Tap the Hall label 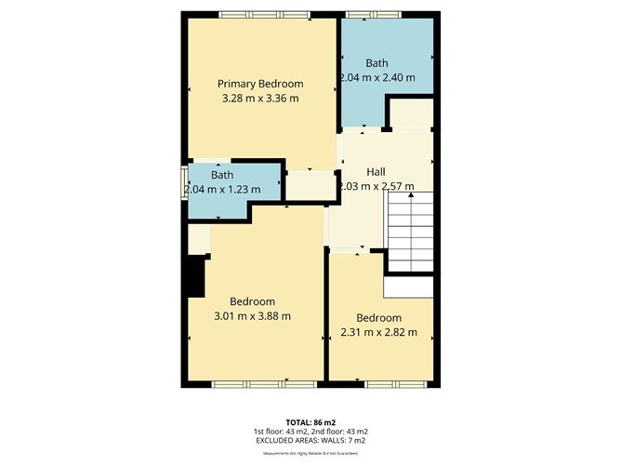(x=376, y=172)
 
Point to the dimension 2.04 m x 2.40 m (x=377, y=77)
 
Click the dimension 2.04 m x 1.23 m (x=221, y=189)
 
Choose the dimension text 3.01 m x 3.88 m (x=252, y=315)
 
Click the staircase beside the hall (x=410, y=230)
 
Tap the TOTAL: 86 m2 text (x=310, y=421)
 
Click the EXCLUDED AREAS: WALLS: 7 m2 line (x=310, y=441)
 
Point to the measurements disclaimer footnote (x=310, y=453)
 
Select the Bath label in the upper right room (x=377, y=63)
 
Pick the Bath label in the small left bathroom (x=221, y=175)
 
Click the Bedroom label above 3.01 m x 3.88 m (x=252, y=301)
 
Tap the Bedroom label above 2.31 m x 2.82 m (x=378, y=317)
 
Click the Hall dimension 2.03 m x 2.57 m (x=376, y=186)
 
